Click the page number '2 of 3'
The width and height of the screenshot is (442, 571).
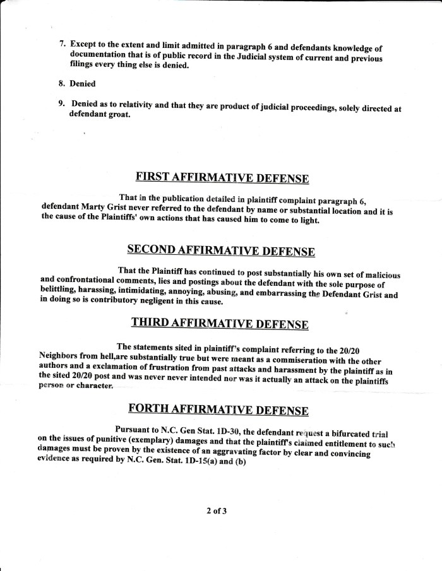[216, 510]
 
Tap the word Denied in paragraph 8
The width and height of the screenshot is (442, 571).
[82, 83]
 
